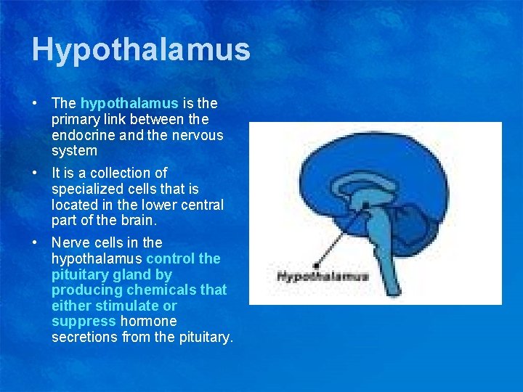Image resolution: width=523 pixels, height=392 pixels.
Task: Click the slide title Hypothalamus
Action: pyautogui.click(x=141, y=50)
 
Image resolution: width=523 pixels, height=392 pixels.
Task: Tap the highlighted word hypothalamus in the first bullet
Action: pyautogui.click(x=129, y=104)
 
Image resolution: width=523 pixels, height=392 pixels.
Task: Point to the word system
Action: pyautogui.click(x=74, y=151)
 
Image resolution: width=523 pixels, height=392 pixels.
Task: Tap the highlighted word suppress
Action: pyautogui.click(x=84, y=321)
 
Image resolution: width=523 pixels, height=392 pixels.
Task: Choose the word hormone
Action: pyautogui.click(x=148, y=321)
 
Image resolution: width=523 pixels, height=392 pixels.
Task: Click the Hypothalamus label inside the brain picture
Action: pyautogui.click(x=323, y=276)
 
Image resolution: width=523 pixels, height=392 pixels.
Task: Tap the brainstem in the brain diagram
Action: pyautogui.click(x=381, y=247)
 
